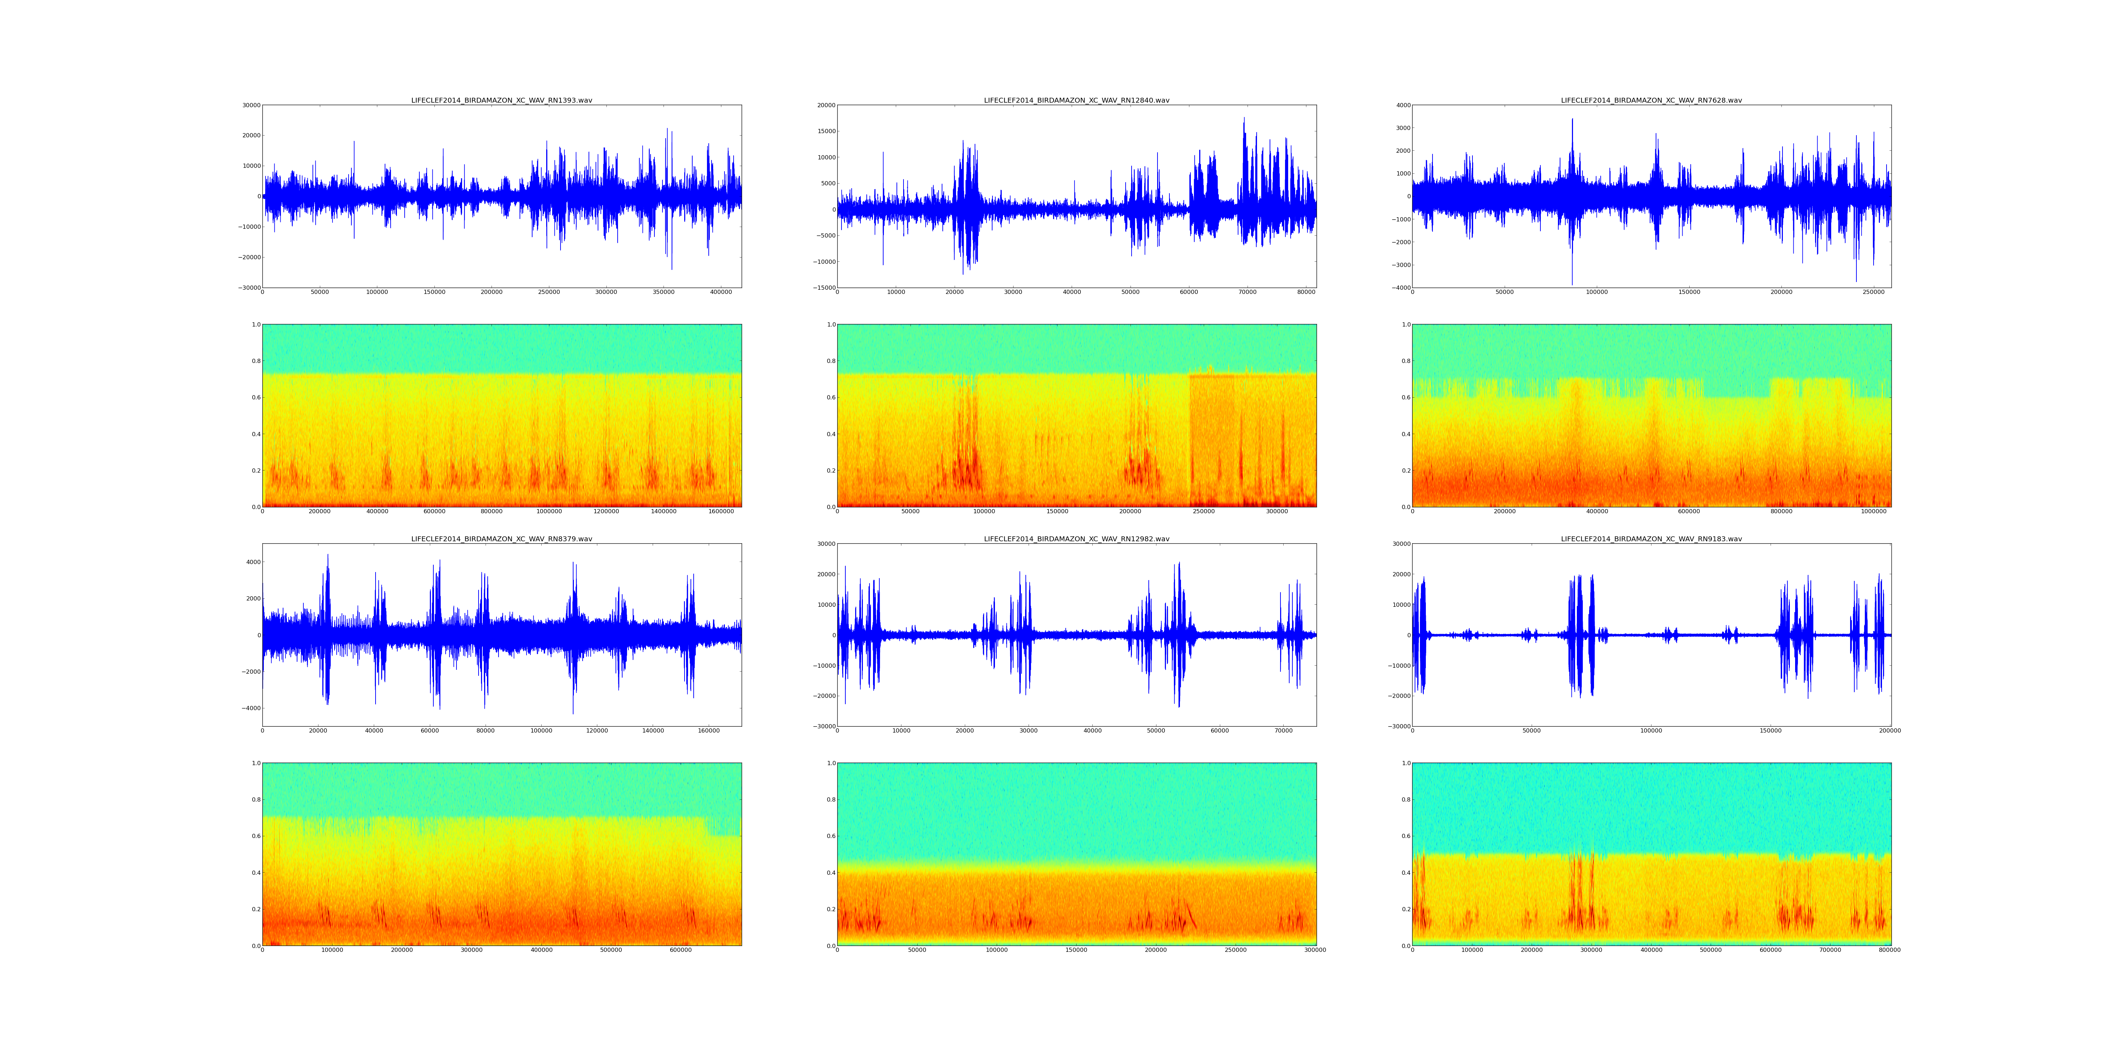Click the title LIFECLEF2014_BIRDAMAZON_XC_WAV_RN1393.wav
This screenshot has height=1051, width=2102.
tap(501, 100)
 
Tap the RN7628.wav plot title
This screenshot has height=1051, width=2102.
tap(1651, 100)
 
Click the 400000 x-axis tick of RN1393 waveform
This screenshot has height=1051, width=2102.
tap(721, 292)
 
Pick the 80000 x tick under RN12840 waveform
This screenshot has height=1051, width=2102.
tap(1306, 292)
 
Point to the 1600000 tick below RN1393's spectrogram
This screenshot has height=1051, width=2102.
tap(721, 511)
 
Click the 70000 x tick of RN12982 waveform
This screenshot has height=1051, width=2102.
tap(1284, 731)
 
